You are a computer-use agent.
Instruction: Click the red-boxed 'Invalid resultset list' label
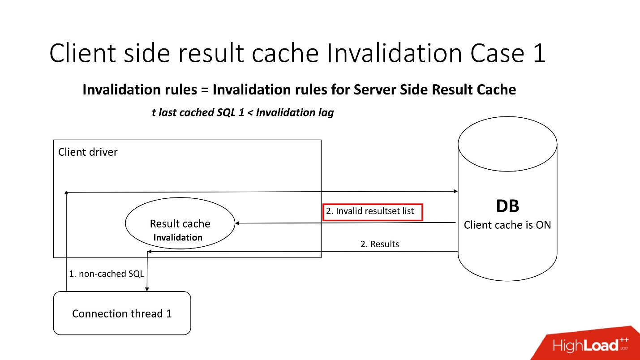[372, 211]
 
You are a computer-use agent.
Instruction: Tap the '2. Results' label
[379, 244]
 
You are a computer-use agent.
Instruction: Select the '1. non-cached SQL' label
[106, 274]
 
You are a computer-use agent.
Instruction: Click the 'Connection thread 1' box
[122, 313]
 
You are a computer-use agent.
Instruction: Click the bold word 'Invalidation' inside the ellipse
[178, 238]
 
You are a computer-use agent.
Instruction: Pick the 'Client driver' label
[88, 152]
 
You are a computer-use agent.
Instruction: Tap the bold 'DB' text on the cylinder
[507, 206]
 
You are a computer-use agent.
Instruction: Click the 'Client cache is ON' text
[507, 225]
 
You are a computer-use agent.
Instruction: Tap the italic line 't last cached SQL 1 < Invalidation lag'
[243, 112]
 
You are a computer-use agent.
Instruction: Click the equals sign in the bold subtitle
[205, 90]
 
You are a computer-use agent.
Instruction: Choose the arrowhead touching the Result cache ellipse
[238, 223]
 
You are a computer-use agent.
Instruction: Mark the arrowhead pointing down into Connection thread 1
[147, 289]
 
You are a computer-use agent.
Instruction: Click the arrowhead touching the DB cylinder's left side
[455, 191]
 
